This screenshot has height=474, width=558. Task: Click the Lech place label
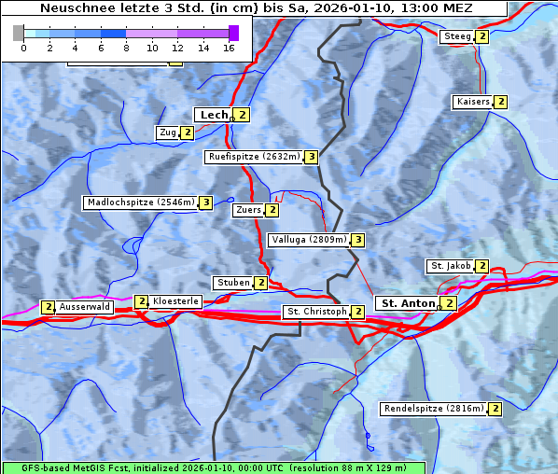click(213, 115)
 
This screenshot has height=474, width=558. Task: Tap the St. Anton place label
click(408, 303)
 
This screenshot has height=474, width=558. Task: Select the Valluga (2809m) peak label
click(309, 240)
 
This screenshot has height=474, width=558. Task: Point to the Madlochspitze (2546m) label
click(140, 202)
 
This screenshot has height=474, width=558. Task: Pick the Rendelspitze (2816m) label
click(434, 409)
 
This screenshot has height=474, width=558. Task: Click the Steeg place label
click(457, 36)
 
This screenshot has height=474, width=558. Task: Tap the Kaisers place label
click(472, 102)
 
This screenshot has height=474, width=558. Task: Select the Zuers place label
click(248, 210)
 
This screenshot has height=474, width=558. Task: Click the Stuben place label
click(232, 283)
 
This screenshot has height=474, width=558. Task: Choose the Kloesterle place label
click(175, 301)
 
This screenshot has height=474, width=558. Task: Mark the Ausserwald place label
click(85, 306)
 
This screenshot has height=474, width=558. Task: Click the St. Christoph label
click(315, 312)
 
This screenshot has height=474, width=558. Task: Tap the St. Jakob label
click(450, 266)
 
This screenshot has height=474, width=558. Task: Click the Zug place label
click(168, 132)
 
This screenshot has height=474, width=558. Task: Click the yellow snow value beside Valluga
click(357, 240)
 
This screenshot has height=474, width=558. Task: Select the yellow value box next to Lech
click(242, 115)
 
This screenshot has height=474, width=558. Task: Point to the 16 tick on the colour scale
click(228, 47)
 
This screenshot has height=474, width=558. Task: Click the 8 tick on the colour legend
click(125, 47)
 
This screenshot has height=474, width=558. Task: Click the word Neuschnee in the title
click(71, 8)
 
